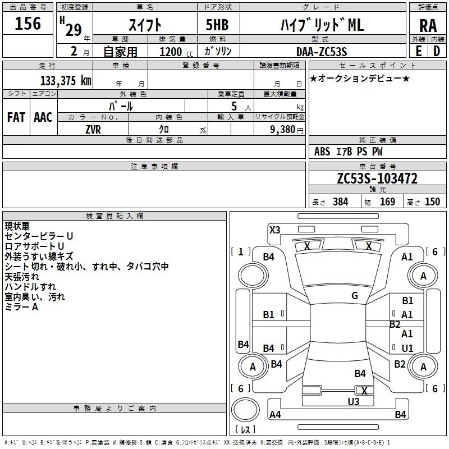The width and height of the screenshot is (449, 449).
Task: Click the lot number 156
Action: click(x=28, y=24)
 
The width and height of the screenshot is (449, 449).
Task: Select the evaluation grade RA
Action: click(x=428, y=25)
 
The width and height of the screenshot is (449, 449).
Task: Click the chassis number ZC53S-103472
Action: click(x=377, y=178)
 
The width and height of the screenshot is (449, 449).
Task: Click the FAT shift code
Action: click(x=16, y=117)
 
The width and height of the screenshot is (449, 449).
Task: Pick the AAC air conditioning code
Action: click(x=43, y=117)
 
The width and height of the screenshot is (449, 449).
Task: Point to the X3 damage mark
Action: click(x=275, y=230)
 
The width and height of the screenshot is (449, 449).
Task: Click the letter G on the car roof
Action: click(x=355, y=296)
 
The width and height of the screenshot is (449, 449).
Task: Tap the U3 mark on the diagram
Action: click(x=353, y=401)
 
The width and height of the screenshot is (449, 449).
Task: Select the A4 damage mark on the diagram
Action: click(x=275, y=415)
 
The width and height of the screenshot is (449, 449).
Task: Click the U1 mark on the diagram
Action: click(x=407, y=349)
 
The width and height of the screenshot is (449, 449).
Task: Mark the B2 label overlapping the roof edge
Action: click(x=395, y=324)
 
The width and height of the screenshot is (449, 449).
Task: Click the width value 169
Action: click(x=387, y=202)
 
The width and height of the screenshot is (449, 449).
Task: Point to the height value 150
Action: click(x=432, y=202)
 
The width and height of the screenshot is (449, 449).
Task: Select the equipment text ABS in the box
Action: click(x=322, y=152)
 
